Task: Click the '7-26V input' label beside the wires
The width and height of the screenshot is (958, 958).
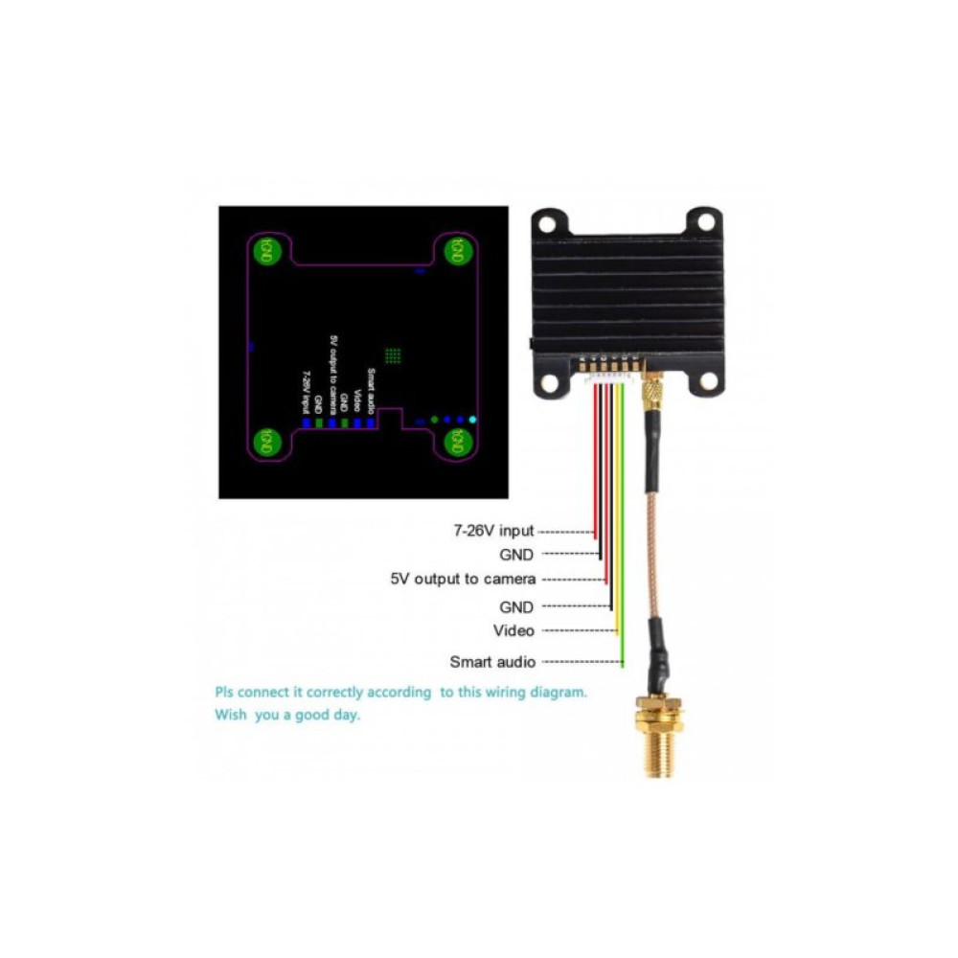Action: click(x=494, y=530)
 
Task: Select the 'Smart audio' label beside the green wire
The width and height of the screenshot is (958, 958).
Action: click(x=492, y=662)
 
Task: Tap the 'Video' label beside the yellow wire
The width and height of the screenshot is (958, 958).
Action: click(x=513, y=630)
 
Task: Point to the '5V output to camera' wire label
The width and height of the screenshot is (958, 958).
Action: click(x=463, y=579)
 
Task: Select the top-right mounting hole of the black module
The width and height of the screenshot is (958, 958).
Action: click(x=706, y=222)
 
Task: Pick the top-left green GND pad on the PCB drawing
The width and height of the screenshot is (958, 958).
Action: click(x=267, y=251)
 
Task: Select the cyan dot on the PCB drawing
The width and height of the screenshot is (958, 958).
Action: click(x=471, y=420)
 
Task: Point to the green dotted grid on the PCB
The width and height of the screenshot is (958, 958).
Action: click(x=392, y=355)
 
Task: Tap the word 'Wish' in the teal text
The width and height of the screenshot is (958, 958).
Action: click(x=232, y=716)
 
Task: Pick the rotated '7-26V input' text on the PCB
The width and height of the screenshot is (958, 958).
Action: click(x=305, y=393)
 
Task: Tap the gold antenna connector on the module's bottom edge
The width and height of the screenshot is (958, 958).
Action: click(x=652, y=391)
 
